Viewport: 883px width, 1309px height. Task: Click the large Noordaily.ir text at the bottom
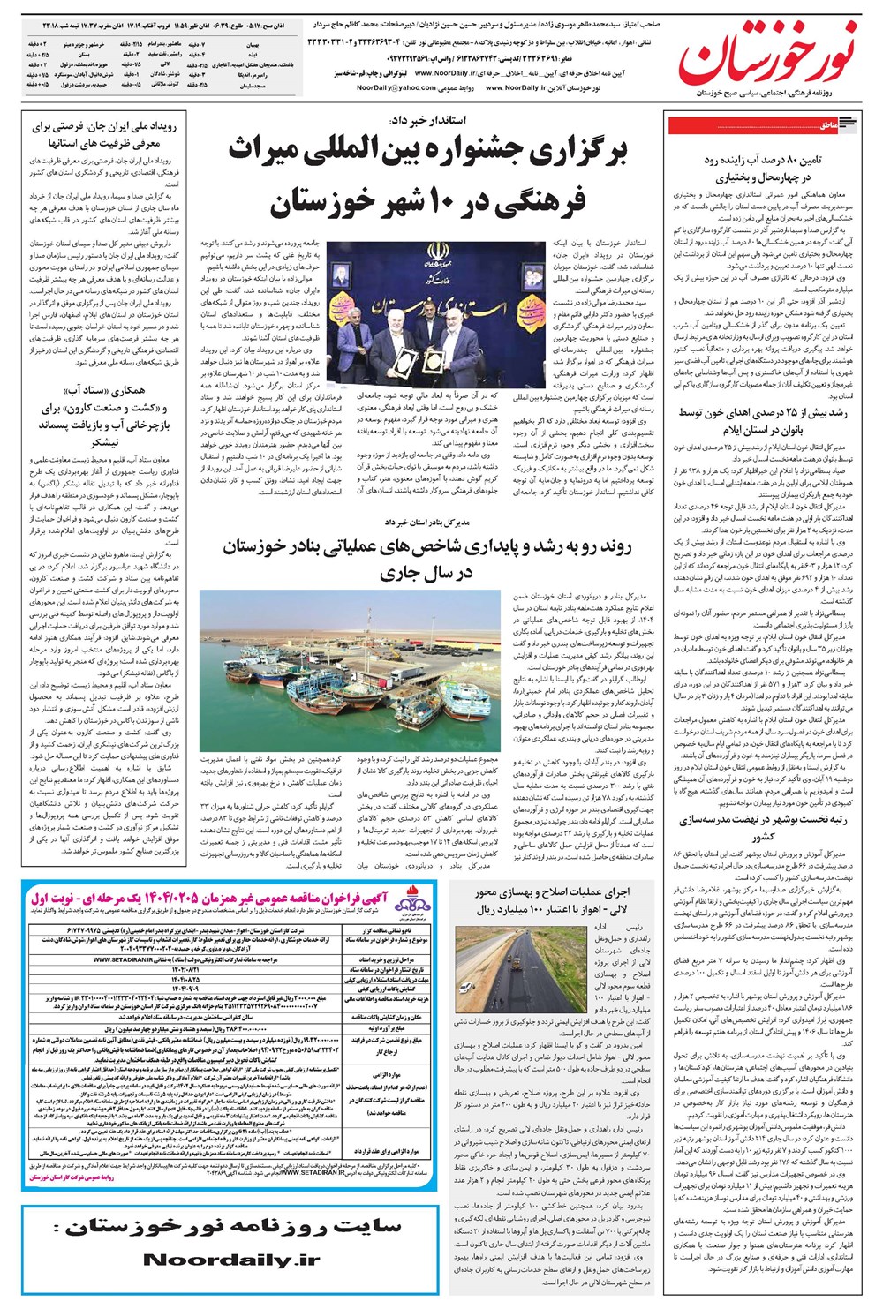[x=231, y=1260]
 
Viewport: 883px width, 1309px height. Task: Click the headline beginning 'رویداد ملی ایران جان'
[x=104, y=134]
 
